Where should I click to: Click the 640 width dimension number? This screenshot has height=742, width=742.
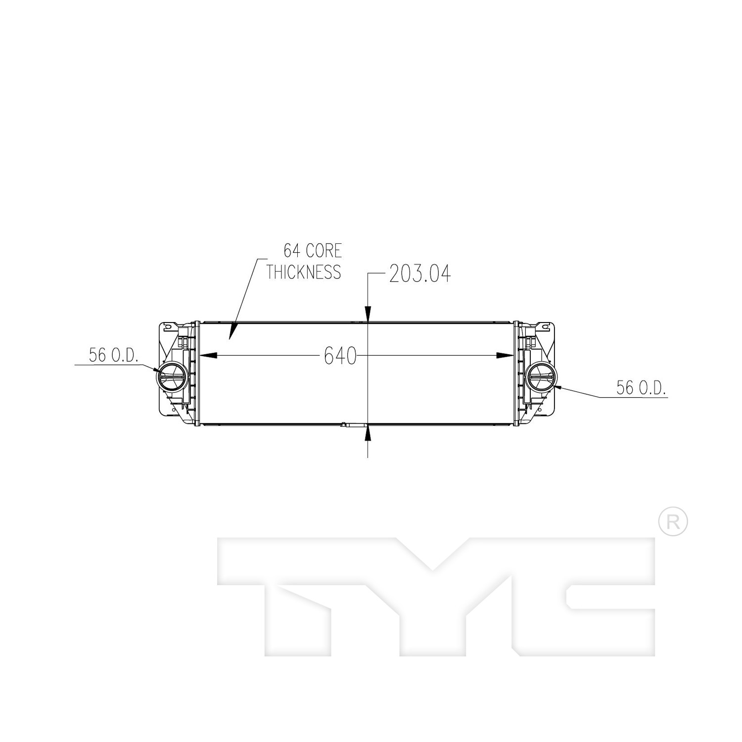[340, 355]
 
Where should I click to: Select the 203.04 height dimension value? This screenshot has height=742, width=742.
[420, 274]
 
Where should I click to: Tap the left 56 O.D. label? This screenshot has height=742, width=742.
[113, 355]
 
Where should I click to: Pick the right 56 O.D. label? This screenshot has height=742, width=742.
[641, 387]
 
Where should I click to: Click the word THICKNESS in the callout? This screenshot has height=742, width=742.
[304, 272]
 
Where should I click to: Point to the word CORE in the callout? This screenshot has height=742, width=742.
[324, 250]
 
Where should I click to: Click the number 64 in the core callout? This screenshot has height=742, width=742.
[292, 250]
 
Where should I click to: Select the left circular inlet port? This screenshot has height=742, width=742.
[171, 378]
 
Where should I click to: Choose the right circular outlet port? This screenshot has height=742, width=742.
[541, 378]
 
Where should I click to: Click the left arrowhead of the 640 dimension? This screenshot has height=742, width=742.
[208, 355]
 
